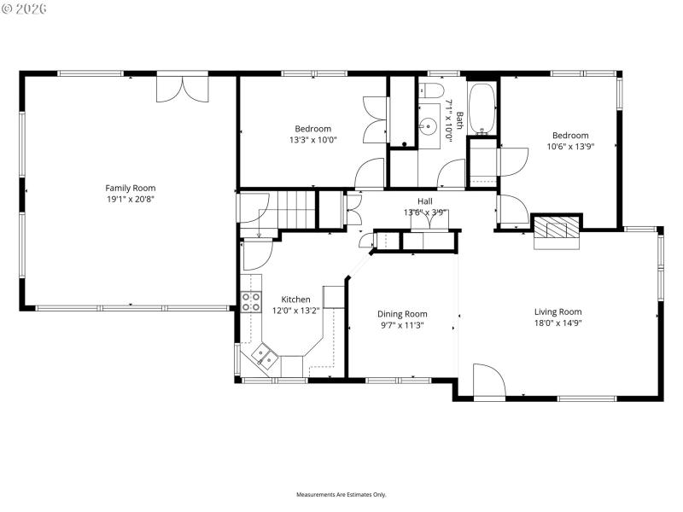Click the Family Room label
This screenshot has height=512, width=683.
[x=131, y=188]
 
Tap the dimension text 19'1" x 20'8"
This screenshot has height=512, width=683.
[x=131, y=199]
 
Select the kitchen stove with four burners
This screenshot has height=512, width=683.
[x=252, y=300]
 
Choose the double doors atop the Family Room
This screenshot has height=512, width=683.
[x=182, y=89]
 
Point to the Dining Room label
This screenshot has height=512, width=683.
[x=402, y=314]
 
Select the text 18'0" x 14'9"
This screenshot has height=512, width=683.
[x=557, y=323]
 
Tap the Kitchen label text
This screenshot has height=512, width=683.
[x=295, y=300]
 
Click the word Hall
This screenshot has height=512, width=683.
[x=424, y=201]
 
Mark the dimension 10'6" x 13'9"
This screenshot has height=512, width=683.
[x=569, y=146]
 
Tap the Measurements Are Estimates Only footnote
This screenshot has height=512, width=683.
[x=341, y=495]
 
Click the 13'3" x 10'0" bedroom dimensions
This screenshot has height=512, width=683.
[x=313, y=140]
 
